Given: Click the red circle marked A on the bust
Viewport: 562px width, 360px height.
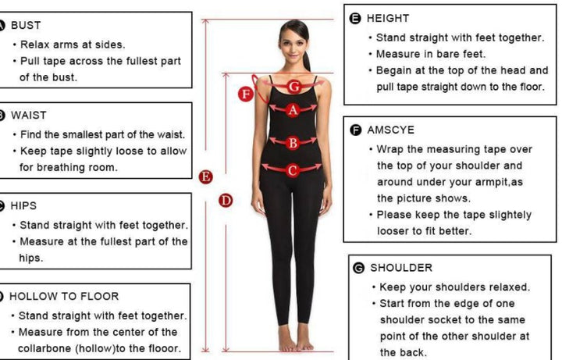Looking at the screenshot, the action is [x=293, y=110].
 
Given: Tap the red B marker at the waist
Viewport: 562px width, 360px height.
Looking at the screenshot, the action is [x=293, y=143].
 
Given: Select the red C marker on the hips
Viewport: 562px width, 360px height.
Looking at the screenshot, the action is [x=293, y=170].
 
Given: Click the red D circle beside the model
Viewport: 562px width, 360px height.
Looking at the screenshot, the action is [x=226, y=201].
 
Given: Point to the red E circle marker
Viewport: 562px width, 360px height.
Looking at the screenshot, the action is [x=206, y=176].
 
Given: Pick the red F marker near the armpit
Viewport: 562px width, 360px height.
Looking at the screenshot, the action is [x=246, y=94].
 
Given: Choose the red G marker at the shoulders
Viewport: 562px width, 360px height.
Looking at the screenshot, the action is [x=293, y=87].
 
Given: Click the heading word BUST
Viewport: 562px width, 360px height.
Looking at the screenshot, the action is [x=26, y=26].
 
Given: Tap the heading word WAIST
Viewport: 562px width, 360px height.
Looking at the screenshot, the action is [x=29, y=116].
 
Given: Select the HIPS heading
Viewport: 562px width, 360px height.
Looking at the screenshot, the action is [x=23, y=206].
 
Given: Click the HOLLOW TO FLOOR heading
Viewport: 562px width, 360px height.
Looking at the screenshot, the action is [x=64, y=296].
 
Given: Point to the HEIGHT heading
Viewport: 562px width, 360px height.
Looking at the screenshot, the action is [x=388, y=18].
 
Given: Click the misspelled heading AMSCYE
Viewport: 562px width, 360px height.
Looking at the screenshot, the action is [x=391, y=130].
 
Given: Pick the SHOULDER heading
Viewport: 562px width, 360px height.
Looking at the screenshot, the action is [x=401, y=268].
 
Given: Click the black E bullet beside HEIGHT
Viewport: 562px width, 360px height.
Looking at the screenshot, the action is [x=355, y=19].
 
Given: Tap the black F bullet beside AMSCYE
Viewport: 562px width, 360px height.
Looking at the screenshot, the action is [x=356, y=130].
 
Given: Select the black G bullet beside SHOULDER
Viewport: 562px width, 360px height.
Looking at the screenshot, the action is [x=358, y=268].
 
